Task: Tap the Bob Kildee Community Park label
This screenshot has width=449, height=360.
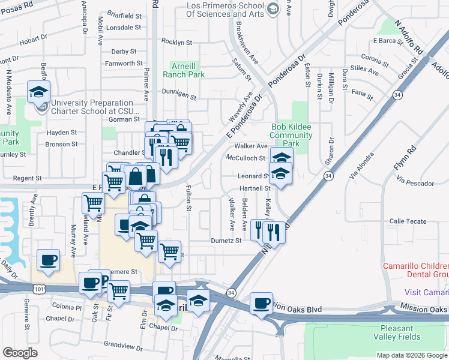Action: tap(292, 135)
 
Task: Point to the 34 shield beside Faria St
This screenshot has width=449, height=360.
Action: tap(397, 95)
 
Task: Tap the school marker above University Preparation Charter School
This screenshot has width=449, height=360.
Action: tap(38, 92)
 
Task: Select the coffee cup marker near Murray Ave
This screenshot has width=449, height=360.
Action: tap(48, 260)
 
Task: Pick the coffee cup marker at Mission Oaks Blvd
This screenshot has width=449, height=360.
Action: tap(261, 303)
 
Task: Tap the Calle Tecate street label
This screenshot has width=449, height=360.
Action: tap(406, 221)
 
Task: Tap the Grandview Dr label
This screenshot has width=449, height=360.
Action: tap(121, 344)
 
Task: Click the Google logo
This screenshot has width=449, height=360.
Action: tap(20, 353)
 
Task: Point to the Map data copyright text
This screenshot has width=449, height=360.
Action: tap(411, 355)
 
